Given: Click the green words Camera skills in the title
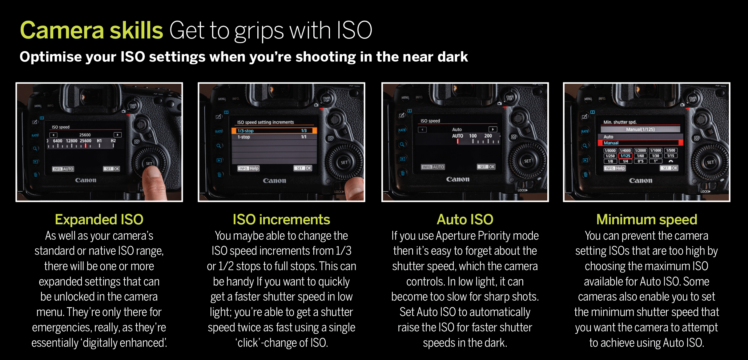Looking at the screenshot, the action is (91, 30).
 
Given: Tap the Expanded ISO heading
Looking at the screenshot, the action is (99, 219).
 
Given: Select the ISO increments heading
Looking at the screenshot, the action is (281, 219).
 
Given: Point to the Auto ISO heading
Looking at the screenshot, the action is (465, 219).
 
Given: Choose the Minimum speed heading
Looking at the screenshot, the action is (646, 220).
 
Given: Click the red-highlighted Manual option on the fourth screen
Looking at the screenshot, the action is (640, 143).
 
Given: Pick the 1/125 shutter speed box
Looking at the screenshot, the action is (625, 156).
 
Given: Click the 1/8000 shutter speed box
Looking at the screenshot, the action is (610, 150).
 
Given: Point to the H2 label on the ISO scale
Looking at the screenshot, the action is (113, 141).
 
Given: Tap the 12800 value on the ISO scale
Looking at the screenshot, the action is (72, 141).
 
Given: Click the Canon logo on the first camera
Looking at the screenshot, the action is (86, 180).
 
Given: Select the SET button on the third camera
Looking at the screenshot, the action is (527, 161).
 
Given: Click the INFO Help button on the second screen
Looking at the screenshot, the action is (248, 168).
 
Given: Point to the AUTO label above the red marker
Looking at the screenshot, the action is (457, 136).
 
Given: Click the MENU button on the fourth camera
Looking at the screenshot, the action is (588, 99).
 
